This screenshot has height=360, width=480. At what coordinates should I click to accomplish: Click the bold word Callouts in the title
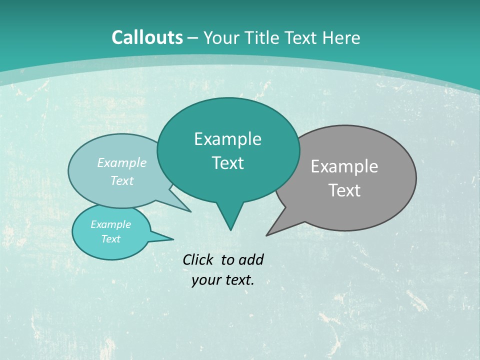point(147,37)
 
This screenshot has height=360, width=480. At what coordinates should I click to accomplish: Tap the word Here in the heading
point(341,37)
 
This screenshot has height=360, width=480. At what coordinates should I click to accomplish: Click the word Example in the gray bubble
point(344,166)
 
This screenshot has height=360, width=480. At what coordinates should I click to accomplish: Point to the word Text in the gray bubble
point(344,190)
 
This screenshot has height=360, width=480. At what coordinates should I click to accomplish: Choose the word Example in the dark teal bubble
point(227,139)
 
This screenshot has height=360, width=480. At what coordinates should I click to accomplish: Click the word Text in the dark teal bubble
point(227,163)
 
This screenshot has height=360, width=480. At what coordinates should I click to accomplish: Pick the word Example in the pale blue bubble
point(122,163)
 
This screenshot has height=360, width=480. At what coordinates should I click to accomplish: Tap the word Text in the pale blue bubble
point(122,180)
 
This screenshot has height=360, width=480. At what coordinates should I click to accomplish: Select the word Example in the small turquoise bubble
point(110,224)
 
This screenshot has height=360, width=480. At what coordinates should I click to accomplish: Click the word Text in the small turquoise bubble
point(110,239)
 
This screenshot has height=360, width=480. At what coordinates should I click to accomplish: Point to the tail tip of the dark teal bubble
point(230,230)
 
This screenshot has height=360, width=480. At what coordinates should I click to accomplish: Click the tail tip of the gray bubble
point(267,235)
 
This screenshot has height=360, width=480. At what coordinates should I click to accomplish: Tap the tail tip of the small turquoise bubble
point(173,239)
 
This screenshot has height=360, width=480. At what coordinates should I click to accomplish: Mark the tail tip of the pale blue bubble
point(190,211)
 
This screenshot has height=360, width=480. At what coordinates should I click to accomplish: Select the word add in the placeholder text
point(250,259)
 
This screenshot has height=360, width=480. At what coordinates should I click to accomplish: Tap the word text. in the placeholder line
point(238,280)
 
